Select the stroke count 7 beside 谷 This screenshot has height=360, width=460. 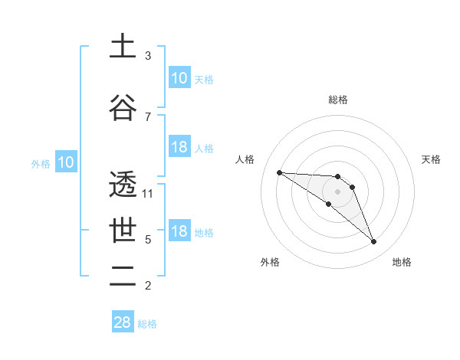[148, 116]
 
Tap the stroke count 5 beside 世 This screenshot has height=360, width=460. [148, 240]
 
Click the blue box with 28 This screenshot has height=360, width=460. [123, 322]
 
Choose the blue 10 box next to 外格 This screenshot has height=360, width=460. [65, 162]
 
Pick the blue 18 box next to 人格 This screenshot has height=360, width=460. [179, 147]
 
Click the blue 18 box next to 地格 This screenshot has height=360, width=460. [179, 232]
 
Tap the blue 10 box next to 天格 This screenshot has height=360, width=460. [179, 78]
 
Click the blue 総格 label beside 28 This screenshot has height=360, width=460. [147, 324]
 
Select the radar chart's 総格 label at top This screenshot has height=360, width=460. [338, 100]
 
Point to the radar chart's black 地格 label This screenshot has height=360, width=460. [402, 262]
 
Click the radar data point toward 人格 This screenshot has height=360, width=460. [279, 172]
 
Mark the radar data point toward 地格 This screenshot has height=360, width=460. [374, 242]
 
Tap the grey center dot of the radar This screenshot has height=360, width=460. [337, 191]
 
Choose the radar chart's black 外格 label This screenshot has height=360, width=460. [270, 262]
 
